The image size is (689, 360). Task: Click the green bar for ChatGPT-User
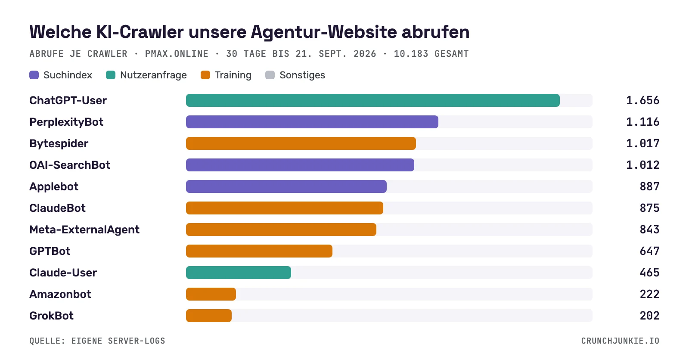tap(373, 100)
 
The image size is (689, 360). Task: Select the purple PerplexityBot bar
tap(312, 122)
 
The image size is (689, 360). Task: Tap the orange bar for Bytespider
tap(301, 143)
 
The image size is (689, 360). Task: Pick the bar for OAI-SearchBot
tap(300, 165)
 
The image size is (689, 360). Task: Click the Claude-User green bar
tap(239, 273)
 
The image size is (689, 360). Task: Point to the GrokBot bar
tap(209, 316)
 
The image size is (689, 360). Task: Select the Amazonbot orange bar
tap(211, 294)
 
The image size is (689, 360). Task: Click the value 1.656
tap(642, 100)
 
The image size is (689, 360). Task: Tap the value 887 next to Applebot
tap(649, 186)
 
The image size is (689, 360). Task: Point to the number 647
tap(649, 251)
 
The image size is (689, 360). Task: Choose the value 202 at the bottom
tap(649, 316)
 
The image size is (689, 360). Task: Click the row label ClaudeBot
tap(58, 208)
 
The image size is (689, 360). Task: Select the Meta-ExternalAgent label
tap(84, 230)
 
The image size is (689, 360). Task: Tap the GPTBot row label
tap(50, 251)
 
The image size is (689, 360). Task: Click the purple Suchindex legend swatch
tap(34, 75)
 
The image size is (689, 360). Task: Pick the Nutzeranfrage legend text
tap(153, 75)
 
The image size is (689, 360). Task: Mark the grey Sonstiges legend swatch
tap(270, 75)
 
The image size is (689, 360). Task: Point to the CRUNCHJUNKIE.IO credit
tap(620, 341)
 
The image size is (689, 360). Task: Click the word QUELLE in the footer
tap(47, 341)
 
